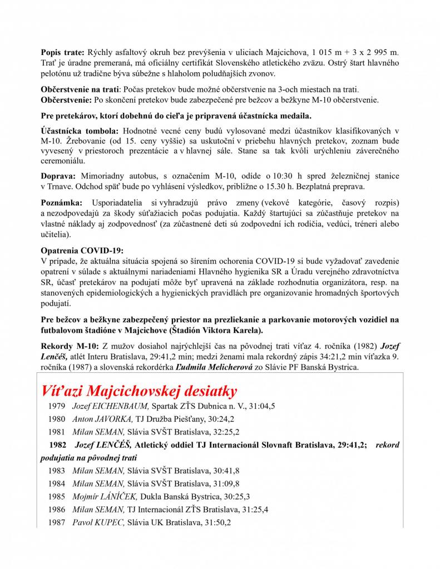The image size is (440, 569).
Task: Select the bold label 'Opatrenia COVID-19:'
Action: (82, 251)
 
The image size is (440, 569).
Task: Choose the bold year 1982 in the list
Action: (58, 445)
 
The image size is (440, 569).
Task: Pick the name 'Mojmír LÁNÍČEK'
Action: (105, 496)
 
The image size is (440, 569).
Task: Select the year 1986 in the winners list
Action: (57, 510)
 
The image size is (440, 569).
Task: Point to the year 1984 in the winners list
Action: (57, 483)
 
